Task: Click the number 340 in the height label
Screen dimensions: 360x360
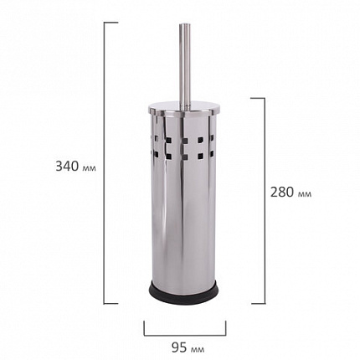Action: coord(67,167)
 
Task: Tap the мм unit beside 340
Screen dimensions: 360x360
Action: coord(90,168)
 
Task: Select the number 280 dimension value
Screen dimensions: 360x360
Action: coord(281,193)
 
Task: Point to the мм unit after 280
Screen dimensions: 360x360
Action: coord(305,194)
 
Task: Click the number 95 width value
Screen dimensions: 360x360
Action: coord(179,347)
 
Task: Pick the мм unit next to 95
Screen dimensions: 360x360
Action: coord(198,349)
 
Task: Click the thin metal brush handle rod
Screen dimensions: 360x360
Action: coord(185,65)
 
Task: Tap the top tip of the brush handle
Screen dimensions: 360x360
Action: coord(185,24)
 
